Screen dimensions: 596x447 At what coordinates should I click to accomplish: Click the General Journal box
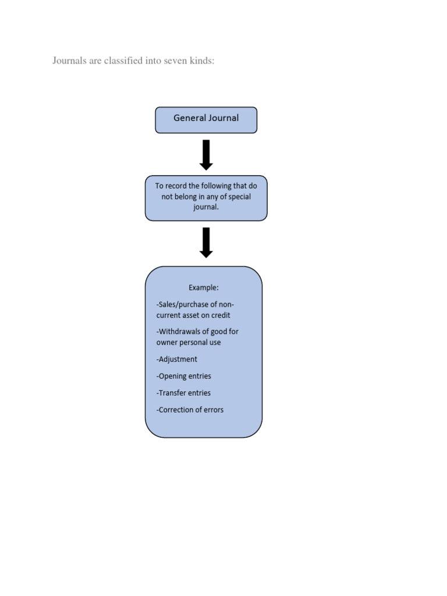(205, 120)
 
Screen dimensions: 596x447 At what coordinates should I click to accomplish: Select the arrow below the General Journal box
(206, 155)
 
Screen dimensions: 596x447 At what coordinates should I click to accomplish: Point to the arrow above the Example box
(206, 242)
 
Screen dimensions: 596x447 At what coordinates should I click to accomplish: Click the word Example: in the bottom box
(203, 288)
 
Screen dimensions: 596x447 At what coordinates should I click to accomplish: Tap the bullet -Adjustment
(177, 359)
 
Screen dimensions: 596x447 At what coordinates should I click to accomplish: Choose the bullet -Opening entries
(183, 376)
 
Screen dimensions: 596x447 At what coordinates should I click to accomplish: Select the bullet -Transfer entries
(183, 393)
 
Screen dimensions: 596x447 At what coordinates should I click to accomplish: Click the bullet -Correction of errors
(190, 410)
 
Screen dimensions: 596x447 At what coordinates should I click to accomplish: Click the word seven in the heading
(171, 61)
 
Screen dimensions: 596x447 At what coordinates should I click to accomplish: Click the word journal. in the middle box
(206, 207)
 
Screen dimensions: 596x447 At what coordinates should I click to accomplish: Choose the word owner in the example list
(168, 342)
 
